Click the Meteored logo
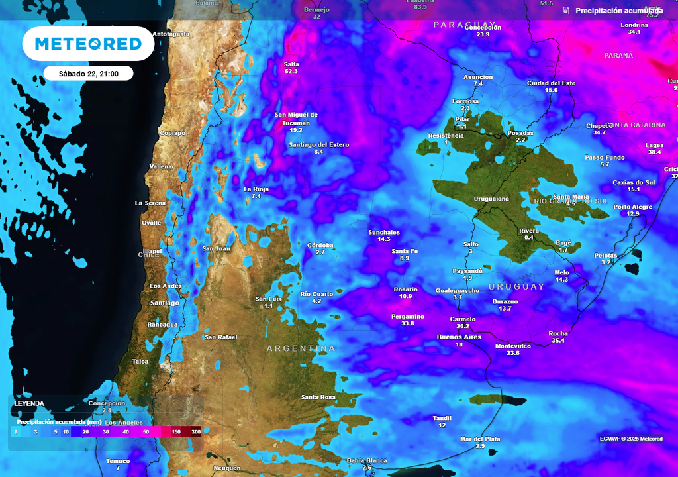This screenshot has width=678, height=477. point(88,44)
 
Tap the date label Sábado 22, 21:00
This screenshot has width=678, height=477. point(89,74)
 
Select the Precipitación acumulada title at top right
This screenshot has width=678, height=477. point(618,11)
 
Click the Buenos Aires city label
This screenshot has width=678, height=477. point(459,337)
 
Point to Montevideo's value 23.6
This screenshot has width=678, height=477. point(513,353)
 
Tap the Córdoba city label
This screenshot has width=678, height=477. point(320,245)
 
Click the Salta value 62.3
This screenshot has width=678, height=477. point(291,71)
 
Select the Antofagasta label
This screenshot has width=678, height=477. point(171,34)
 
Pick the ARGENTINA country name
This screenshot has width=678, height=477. point(301,348)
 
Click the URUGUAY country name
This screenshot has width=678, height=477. point(516,287)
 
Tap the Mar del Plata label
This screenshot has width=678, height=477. point(480,439)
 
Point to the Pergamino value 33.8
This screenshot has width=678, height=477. point(408,323)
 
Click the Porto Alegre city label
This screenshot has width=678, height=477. point(633,207)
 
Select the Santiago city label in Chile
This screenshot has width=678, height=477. point(165,303)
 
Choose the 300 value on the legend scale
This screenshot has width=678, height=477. point(196,431)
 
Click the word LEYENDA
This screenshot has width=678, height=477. point(29,403)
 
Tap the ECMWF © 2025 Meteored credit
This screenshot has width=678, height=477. point(631,439)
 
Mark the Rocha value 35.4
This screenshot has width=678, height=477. point(558,341)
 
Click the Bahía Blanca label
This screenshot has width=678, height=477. point(367,460)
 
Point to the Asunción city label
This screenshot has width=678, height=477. point(478,77)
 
